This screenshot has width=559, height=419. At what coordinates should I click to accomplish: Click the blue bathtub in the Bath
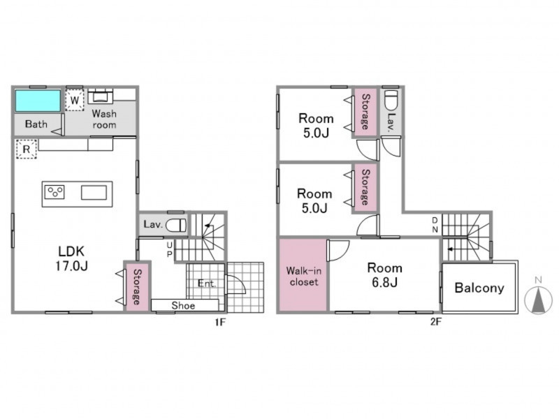38,101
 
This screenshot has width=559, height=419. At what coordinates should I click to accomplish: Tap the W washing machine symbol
75,100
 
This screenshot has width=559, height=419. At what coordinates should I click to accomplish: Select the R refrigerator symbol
27,149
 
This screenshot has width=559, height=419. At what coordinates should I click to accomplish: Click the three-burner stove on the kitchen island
55,193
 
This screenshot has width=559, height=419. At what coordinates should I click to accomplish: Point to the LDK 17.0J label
71,258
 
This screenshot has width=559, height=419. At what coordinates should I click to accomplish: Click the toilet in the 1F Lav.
176,225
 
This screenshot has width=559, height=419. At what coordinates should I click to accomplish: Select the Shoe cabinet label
183,305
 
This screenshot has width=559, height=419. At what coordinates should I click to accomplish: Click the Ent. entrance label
207,284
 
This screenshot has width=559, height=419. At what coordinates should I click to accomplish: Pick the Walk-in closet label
304,276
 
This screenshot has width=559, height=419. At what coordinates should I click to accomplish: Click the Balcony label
479,288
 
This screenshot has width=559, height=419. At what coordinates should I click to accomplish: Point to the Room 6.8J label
385,274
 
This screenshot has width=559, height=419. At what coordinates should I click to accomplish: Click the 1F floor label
220,322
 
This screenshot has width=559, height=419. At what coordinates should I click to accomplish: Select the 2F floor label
436,322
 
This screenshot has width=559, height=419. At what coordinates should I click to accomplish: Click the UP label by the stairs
169,249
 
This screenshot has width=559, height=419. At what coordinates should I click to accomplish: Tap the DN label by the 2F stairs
435,225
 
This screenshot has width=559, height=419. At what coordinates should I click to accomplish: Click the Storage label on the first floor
137,287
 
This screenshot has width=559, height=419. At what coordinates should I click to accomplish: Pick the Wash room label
104,119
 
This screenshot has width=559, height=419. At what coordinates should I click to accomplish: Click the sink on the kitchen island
94,193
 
